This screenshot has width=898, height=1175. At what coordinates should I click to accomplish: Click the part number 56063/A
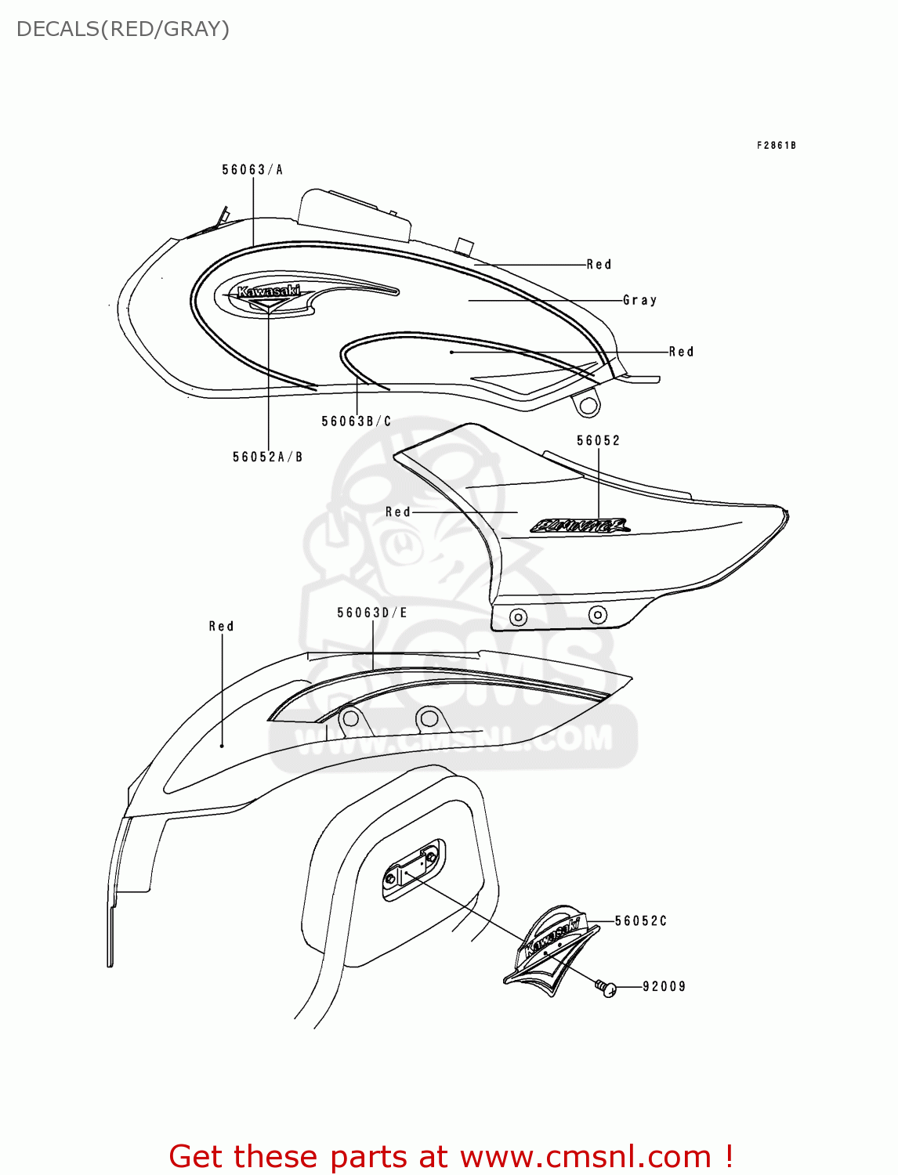coord(252,169)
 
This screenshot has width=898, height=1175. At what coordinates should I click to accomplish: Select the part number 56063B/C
coord(356,421)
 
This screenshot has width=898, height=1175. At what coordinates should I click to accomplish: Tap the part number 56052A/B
coord(267,457)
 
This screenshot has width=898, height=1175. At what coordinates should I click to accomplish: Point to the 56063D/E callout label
coord(372,613)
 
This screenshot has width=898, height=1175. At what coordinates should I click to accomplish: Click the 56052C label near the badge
coord(640,921)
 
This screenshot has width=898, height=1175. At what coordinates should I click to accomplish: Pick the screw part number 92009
coord(664,986)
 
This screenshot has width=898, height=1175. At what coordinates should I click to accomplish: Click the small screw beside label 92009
coord(606,989)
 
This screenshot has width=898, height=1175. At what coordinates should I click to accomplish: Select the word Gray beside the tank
coord(639,300)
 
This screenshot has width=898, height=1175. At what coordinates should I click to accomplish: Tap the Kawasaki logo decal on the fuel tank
coord(269,292)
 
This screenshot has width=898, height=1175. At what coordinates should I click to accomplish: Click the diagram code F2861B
coord(776,145)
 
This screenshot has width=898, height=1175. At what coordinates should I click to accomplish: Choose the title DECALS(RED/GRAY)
coord(123,29)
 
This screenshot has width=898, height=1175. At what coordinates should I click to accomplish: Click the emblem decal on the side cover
coord(580,526)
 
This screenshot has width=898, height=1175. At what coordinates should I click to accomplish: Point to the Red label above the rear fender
coord(221,626)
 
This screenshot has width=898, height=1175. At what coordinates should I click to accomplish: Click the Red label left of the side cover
coord(397,512)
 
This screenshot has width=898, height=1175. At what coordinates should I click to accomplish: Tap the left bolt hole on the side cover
coord(518,617)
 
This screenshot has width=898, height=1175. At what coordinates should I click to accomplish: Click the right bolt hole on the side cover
coord(597,614)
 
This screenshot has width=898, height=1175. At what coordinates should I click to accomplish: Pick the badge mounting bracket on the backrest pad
coord(413,868)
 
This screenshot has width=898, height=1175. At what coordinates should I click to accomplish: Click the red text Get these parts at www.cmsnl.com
coord(451,1156)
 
